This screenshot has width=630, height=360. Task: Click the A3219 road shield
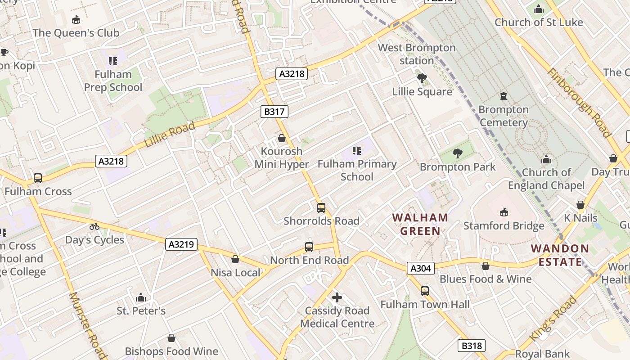tap(181, 244)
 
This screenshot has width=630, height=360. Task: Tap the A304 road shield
tap(421, 269)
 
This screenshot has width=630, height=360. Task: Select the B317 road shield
tap(274, 112)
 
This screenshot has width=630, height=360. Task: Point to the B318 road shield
tap(472, 346)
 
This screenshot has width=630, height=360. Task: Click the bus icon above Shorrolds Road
tap(321, 208)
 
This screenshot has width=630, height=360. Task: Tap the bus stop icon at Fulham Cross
tap(38, 178)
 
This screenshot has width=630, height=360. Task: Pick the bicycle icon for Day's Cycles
tap(94, 226)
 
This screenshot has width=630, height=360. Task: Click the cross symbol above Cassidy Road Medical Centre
tap(337, 297)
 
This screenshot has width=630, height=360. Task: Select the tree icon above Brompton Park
tap(458, 153)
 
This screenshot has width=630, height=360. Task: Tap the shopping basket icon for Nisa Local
tap(235, 259)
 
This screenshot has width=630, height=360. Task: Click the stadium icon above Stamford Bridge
tap(504, 212)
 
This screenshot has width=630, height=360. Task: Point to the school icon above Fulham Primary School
tap(357, 150)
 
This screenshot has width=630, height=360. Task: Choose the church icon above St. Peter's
tap(141, 297)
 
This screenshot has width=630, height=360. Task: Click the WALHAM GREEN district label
tap(420, 225)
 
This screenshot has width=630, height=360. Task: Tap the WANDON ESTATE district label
tap(560, 255)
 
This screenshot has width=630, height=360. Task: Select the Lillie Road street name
tap(170, 134)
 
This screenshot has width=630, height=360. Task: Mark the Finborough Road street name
tap(579, 103)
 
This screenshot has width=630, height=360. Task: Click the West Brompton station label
tap(417, 54)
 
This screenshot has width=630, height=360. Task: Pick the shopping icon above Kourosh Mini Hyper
tap(282, 138)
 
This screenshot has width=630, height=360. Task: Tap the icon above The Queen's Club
tap(76, 20)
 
